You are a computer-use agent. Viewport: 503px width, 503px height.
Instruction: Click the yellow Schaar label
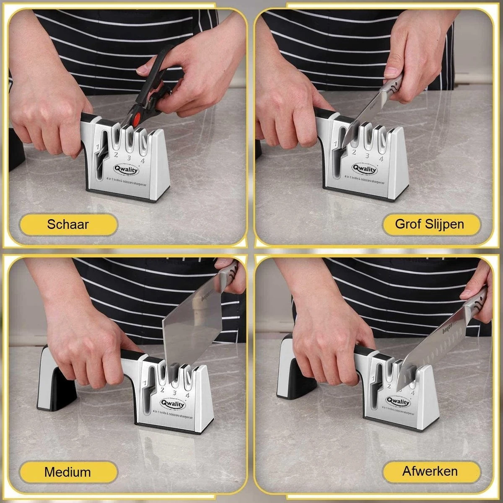[68, 224]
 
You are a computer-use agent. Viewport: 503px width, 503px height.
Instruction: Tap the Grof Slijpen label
[430, 224]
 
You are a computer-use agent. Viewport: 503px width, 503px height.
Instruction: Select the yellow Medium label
[68, 472]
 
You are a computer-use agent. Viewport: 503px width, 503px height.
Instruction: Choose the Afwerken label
[430, 471]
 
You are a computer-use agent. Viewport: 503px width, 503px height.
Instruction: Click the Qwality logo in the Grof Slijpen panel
[365, 169]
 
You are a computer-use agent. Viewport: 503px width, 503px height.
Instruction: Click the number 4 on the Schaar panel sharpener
[143, 161]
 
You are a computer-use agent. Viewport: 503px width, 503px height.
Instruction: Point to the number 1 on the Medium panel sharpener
[145, 383]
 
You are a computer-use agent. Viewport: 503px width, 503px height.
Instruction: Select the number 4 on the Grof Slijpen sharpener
[381, 158]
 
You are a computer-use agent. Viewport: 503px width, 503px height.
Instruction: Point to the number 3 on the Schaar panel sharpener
[129, 158]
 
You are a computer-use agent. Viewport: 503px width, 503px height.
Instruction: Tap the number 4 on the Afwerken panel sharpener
[412, 393]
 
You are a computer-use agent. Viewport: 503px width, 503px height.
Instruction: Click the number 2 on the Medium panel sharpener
[162, 390]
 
